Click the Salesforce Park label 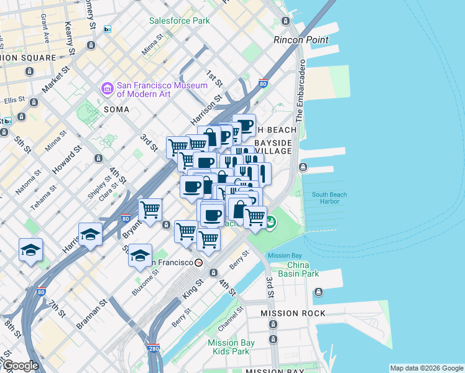[180, 21]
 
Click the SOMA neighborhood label [116, 109]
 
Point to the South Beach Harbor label [329, 198]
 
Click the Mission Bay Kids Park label [229, 347]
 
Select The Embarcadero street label [300, 91]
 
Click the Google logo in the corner [20, 365]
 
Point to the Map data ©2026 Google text [426, 368]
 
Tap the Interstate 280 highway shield [154, 349]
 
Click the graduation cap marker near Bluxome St [140, 255]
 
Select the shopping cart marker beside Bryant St [150, 210]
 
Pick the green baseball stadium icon [270, 221]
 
